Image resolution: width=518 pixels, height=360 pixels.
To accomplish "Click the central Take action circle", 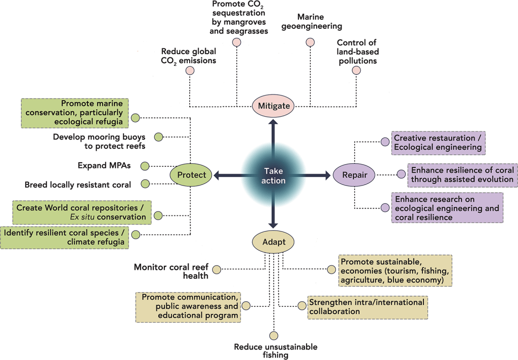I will pos(274,175).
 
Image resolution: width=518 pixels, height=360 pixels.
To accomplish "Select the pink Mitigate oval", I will pos(274,106).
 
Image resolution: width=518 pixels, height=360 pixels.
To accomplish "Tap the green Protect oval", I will pos(192,175).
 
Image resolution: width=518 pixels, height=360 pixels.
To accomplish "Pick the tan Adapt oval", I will pos(273,242).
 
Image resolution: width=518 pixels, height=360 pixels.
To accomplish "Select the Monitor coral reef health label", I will pos(171,271).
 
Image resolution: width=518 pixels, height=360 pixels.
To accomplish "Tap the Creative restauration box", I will pos(438,143).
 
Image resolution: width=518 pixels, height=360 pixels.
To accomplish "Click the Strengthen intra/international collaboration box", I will pos(366,306).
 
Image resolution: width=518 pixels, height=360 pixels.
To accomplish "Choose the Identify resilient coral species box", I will pos(64,238).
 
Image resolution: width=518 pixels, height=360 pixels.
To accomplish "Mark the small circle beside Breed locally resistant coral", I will pos(145,184).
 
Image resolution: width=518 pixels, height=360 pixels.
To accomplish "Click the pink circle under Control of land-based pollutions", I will pos(356,70).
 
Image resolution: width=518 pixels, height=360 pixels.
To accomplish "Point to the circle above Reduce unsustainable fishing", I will pos(274,335).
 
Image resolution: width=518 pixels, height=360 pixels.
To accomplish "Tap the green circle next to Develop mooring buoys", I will pos(158,137).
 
